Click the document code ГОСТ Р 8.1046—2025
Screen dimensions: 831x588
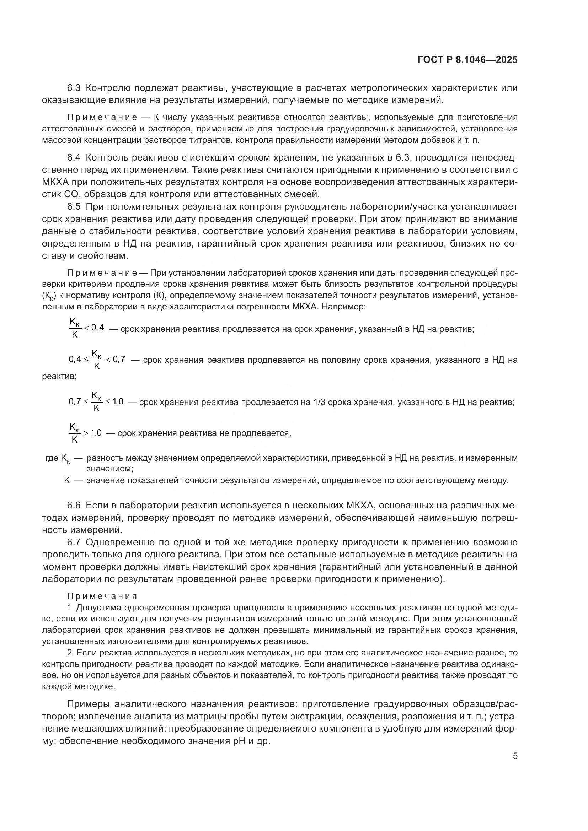tap(467, 60)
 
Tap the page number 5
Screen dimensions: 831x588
tap(515, 756)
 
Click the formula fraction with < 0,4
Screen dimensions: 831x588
tap(86, 328)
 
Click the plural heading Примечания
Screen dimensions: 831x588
tap(102, 596)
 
